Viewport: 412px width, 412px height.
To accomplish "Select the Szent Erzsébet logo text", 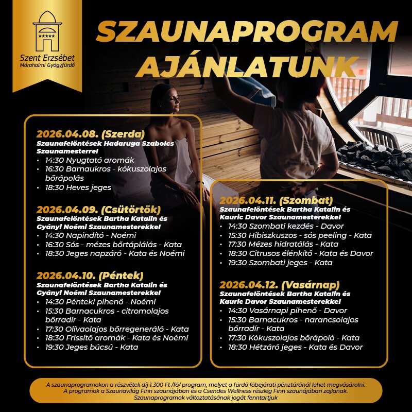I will pos(47,57).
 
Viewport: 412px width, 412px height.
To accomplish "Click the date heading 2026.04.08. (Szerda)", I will pos(90,134).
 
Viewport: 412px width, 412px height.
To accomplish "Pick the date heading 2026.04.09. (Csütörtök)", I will pos(99,210).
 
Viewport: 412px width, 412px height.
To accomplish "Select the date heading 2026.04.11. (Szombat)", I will pos(276,200).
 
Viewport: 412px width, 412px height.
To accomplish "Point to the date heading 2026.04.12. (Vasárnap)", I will pos(280,285).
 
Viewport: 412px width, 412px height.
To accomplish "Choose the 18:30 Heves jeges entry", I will pos(78,187).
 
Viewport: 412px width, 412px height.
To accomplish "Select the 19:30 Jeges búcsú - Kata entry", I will pos(91,347).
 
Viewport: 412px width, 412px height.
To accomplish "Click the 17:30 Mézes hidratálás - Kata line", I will pos(283,244).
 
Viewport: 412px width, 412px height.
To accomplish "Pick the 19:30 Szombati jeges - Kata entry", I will pos(280,263).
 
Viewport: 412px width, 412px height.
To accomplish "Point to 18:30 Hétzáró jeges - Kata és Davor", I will pos(295,347).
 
